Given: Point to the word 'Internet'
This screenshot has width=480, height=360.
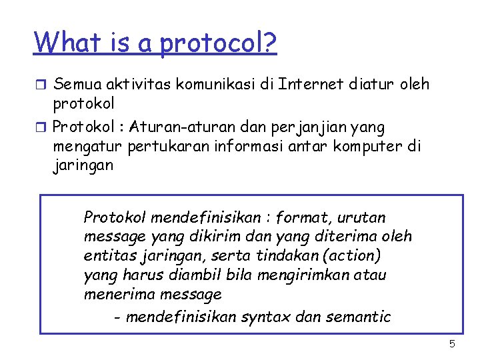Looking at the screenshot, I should point(309,84).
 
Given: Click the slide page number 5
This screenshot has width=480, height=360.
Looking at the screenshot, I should point(452,344).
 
